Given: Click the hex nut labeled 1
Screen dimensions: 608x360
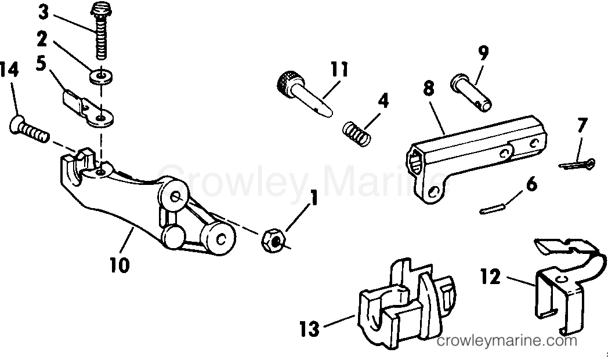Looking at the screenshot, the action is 274,241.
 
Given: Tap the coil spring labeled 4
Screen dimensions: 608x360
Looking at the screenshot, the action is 357,134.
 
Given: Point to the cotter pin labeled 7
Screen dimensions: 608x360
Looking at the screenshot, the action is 577,164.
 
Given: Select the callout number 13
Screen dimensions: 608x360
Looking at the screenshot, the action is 309,329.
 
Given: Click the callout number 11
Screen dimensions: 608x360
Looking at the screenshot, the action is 339,70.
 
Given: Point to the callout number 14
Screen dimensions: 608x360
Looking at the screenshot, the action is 9,71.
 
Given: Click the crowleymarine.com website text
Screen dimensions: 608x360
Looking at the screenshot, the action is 507,341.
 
